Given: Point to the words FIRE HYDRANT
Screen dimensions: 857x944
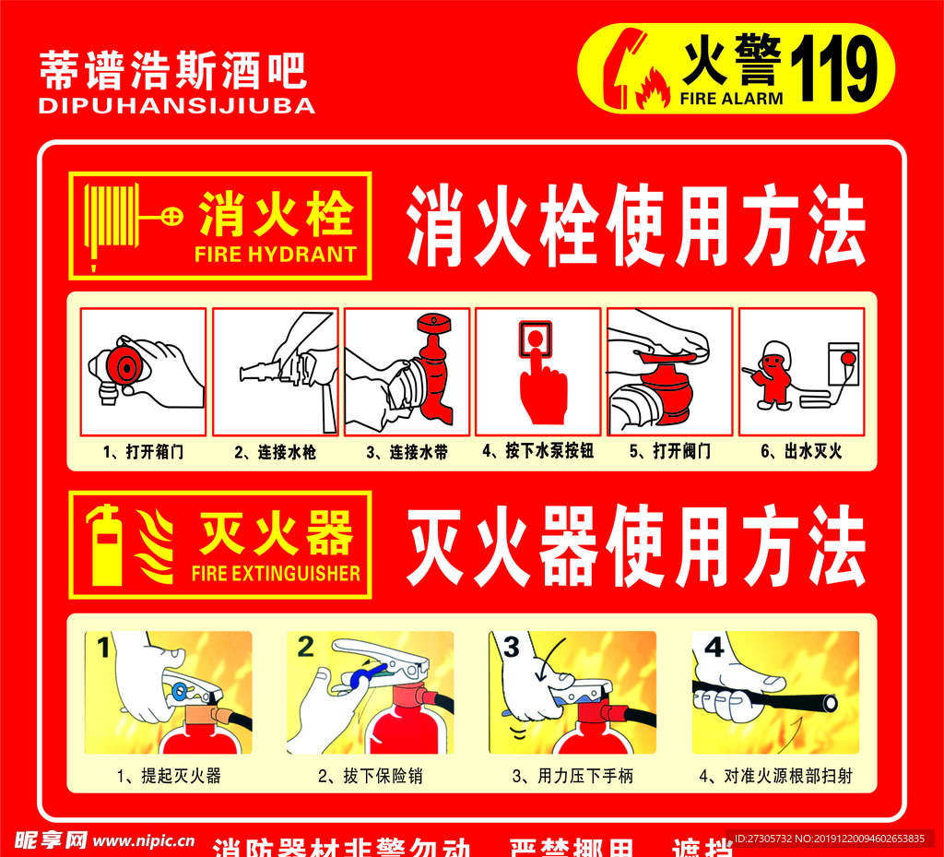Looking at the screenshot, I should click(276, 255).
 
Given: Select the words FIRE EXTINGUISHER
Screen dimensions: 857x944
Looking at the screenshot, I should click(276, 574).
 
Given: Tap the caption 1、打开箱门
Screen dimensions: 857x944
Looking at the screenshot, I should click(143, 452).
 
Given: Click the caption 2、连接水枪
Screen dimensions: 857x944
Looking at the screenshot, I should click(275, 452).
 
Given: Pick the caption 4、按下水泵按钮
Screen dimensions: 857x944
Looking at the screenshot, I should click(538, 452).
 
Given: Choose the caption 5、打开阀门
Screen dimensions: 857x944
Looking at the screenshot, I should click(670, 452).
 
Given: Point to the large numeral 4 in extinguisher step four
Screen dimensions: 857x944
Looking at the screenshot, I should click(714, 647).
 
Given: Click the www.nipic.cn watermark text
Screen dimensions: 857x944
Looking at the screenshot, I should click(145, 840).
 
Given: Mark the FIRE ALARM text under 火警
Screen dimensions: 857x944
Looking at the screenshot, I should click(732, 98).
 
